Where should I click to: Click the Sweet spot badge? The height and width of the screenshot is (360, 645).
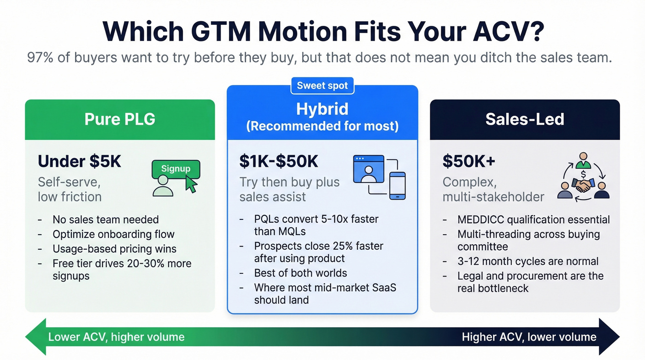click(322, 86)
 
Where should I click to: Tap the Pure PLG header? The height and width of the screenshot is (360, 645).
click(120, 119)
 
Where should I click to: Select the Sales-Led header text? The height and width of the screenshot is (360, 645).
click(525, 119)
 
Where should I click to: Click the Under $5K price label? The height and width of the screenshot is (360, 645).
click(79, 161)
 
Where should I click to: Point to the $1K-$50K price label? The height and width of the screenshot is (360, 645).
click(279, 161)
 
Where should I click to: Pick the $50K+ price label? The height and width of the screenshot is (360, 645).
click(468, 161)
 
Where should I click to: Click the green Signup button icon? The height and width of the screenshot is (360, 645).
click(176, 169)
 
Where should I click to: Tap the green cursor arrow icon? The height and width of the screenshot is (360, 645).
click(191, 185)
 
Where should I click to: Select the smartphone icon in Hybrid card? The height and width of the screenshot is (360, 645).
click(397, 186)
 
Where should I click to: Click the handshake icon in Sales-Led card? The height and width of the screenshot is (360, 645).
click(583, 185)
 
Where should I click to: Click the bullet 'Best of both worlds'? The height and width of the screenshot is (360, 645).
click(300, 273)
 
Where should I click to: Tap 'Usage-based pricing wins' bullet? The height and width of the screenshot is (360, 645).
click(114, 249)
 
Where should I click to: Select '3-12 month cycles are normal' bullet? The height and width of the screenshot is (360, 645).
click(528, 261)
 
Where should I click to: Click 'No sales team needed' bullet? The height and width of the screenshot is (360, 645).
click(106, 220)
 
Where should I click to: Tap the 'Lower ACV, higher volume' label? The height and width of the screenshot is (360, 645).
click(116, 337)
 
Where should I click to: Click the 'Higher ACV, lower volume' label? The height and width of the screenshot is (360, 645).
click(529, 337)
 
